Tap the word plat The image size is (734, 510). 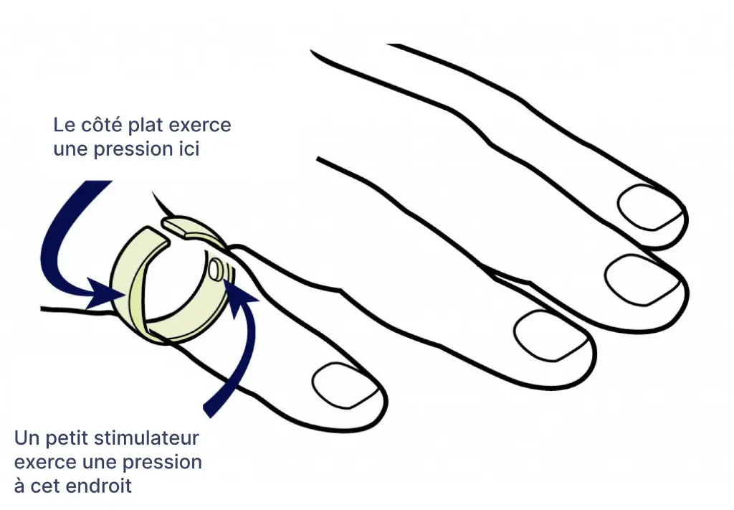pyautogui.click(x=146, y=125)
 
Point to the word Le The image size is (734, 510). pyautogui.click(x=64, y=125)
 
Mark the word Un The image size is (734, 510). pyautogui.click(x=24, y=438)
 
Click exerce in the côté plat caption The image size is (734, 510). pyautogui.click(x=204, y=125)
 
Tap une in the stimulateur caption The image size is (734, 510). pyautogui.click(x=103, y=461)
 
